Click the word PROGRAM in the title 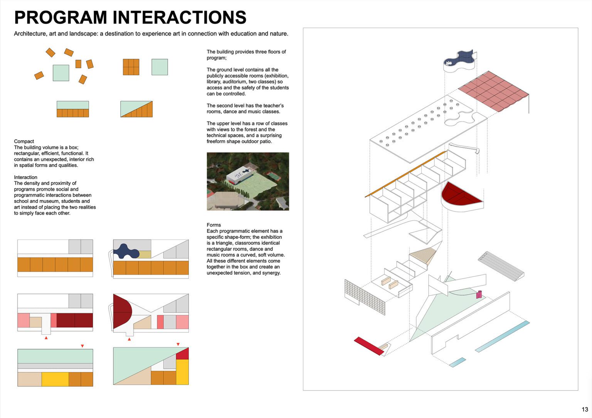[x=61, y=18]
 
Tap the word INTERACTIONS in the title [x=180, y=18]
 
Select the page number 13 [x=585, y=410]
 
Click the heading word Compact [x=24, y=142]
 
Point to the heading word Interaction [x=25, y=177]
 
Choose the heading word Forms [x=214, y=225]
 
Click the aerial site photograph [x=248, y=181]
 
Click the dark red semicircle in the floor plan [x=121, y=310]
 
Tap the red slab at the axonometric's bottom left [x=368, y=346]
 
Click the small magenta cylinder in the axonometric [x=479, y=294]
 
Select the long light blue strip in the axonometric [x=502, y=337]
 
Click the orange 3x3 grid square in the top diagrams [x=131, y=67]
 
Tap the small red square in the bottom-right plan [x=182, y=354]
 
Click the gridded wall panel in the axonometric [x=364, y=297]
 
